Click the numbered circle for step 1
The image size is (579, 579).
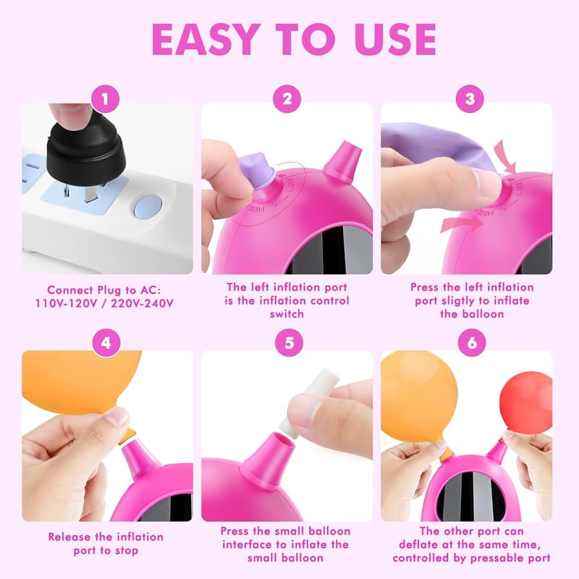(105, 99)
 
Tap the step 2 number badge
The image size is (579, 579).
(287, 99)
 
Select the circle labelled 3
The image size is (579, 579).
(470, 99)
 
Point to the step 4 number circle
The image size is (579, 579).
(106, 342)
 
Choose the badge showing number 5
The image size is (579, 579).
(289, 342)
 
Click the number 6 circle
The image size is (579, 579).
(472, 342)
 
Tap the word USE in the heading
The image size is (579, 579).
(395, 40)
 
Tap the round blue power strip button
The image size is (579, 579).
(148, 206)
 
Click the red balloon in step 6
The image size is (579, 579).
(526, 400)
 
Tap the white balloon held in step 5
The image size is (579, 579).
(308, 403)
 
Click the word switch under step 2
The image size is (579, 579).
(287, 314)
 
